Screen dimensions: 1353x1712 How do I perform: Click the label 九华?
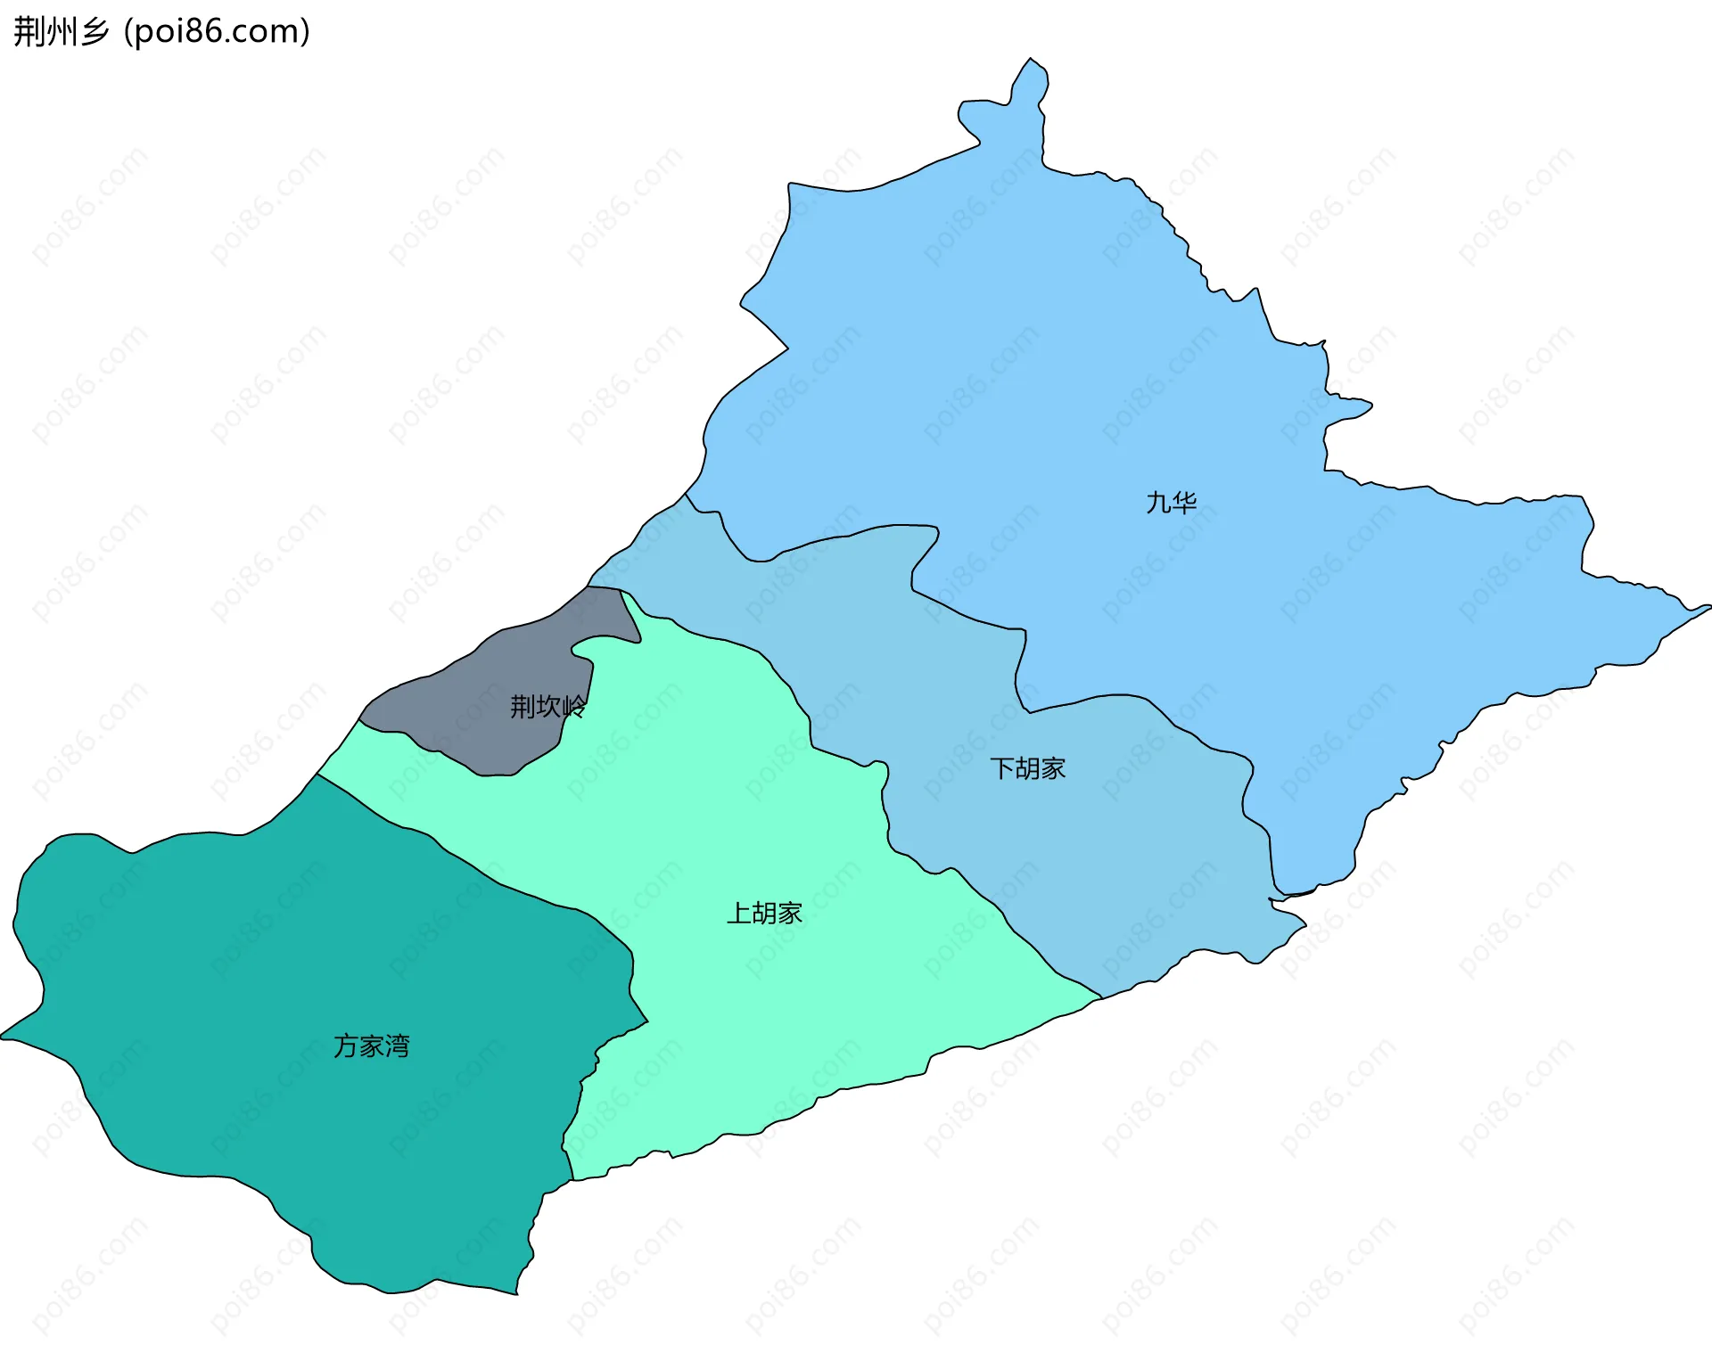[x=1171, y=503]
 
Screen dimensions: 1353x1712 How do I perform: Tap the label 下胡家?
[x=1027, y=768]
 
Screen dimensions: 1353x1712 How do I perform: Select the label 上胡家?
[x=764, y=913]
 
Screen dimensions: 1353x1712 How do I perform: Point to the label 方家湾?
[x=371, y=1045]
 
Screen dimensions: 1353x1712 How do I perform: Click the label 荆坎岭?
[x=547, y=707]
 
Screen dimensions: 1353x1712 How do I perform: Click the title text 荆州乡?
[x=61, y=31]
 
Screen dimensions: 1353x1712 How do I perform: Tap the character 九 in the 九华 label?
[x=1157, y=503]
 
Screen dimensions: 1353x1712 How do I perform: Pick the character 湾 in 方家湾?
[x=398, y=1045]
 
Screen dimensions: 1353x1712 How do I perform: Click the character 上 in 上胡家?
[x=738, y=913]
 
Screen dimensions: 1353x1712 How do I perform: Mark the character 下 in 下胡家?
[x=1001, y=768]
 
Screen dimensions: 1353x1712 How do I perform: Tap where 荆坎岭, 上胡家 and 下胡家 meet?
[x=621, y=590]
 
